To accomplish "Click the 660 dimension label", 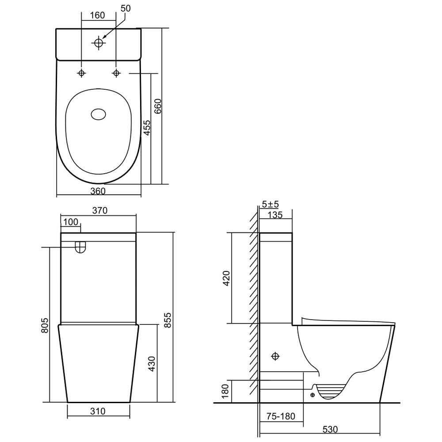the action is pos(158,106).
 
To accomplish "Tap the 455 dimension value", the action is pos(147,127).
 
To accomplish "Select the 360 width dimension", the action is pos(98,191).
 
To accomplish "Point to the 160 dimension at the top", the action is pos(98,15).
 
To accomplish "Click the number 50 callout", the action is pos(126,8).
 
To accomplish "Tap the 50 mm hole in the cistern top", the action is pos(99,43).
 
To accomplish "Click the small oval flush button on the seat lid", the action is pos(99,114).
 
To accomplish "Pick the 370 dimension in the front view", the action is pos(100,210).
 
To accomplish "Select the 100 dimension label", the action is pos(71,222).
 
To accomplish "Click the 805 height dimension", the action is pos(45,325).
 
